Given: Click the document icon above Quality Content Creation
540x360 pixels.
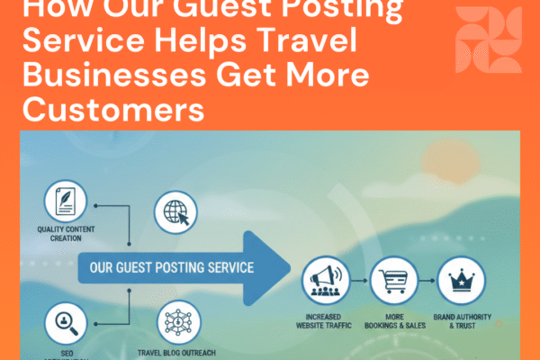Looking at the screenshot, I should pyautogui.click(x=66, y=203).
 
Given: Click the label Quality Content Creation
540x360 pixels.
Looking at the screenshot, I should pyautogui.click(x=66, y=237).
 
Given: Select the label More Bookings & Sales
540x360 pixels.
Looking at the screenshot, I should pyautogui.click(x=393, y=319).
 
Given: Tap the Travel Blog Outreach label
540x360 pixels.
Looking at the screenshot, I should pyautogui.click(x=177, y=352).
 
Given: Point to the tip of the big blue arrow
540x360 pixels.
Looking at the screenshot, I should pyautogui.click(x=289, y=267).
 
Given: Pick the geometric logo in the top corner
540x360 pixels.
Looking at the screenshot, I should pyautogui.click(x=489, y=40).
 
